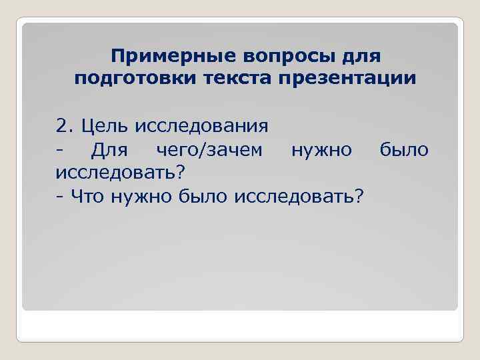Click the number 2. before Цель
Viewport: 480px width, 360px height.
pyautogui.click(x=65, y=125)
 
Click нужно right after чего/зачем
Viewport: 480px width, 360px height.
pyautogui.click(x=321, y=149)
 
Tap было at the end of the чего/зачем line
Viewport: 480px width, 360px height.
pyautogui.click(x=404, y=149)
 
